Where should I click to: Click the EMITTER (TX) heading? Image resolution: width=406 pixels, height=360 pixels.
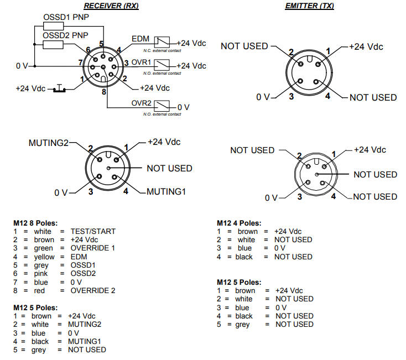[x=309, y=6]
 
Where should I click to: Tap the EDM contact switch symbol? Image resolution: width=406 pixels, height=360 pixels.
[x=162, y=41]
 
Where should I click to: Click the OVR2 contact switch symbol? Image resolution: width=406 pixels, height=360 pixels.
[x=162, y=106]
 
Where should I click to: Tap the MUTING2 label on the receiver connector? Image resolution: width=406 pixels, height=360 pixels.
[x=48, y=143]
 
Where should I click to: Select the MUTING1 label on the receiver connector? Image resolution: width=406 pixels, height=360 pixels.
[x=166, y=192]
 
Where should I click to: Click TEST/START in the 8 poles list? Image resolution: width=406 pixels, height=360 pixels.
[x=93, y=231]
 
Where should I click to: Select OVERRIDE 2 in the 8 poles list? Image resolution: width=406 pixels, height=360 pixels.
[x=92, y=290]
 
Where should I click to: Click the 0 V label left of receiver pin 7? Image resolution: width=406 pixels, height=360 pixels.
[x=22, y=66]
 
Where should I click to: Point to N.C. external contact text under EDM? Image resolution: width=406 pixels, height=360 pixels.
[x=166, y=50]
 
